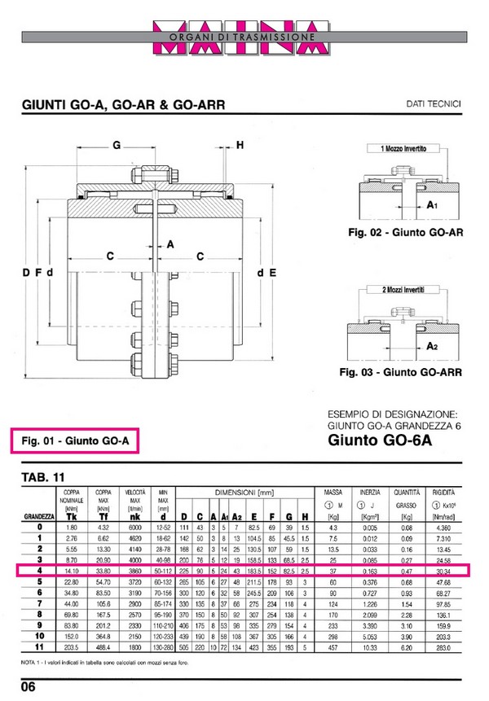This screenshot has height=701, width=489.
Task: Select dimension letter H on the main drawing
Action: pyautogui.click(x=240, y=146)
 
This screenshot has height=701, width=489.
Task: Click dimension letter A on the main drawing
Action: pyautogui.click(x=170, y=243)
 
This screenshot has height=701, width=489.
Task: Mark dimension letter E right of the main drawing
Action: pyautogui.click(x=272, y=271)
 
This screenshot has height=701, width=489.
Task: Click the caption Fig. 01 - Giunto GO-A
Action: pyautogui.click(x=76, y=442)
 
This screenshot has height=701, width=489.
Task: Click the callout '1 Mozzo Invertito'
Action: pyautogui.click(x=399, y=150)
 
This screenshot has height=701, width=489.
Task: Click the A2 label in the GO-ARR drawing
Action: pyautogui.click(x=433, y=346)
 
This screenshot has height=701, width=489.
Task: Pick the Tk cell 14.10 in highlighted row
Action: pyautogui.click(x=71, y=572)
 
